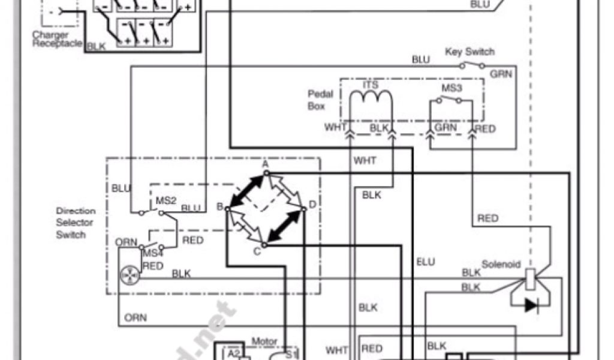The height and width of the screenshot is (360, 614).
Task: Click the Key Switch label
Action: point(469,52)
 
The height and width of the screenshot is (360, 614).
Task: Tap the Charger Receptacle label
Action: point(57,40)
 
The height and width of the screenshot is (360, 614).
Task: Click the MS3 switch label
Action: point(451,89)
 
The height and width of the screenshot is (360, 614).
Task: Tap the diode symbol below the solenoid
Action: point(531,305)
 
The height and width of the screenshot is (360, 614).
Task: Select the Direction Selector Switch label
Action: point(76,223)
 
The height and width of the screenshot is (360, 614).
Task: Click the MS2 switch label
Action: point(166,199)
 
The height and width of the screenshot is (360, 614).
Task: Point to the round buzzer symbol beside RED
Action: point(130,275)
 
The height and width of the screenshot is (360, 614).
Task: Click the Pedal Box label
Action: point(317,100)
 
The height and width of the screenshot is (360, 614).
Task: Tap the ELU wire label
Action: point(426,262)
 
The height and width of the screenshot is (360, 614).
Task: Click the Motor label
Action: point(265,341)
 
